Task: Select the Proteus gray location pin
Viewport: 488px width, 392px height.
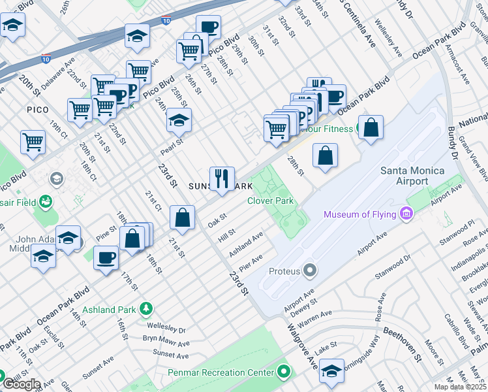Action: [310, 270]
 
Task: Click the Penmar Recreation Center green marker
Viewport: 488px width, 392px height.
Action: [282, 372]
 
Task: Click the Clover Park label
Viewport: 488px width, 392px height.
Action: [270, 201]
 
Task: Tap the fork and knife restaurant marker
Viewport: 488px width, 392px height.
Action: [222, 178]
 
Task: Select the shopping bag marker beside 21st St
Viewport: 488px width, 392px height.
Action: [183, 218]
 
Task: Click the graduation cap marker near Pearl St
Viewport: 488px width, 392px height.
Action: [179, 121]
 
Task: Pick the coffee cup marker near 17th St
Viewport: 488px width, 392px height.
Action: [106, 257]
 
